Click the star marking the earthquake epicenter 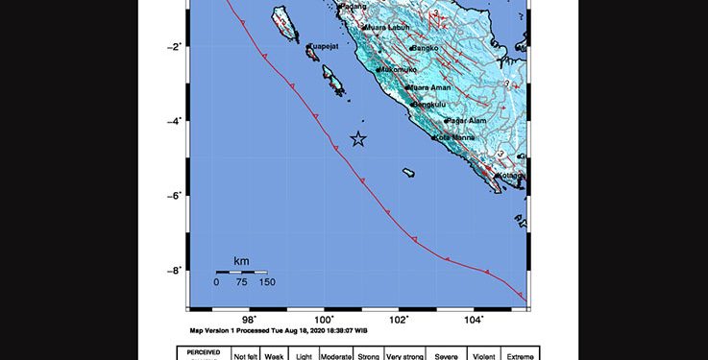pos(358,139)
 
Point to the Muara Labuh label pos(382,29)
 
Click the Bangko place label pos(425,48)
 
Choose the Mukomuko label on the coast pos(398,70)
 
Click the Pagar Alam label pos(468,121)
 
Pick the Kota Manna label pos(456,137)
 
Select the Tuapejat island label pos(325,45)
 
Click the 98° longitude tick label pos(249,320)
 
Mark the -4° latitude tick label pos(175,121)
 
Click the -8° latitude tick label pos(175,271)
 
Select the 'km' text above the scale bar pos(241,261)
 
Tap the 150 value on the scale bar pos(266,282)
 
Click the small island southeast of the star pos(408,173)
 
